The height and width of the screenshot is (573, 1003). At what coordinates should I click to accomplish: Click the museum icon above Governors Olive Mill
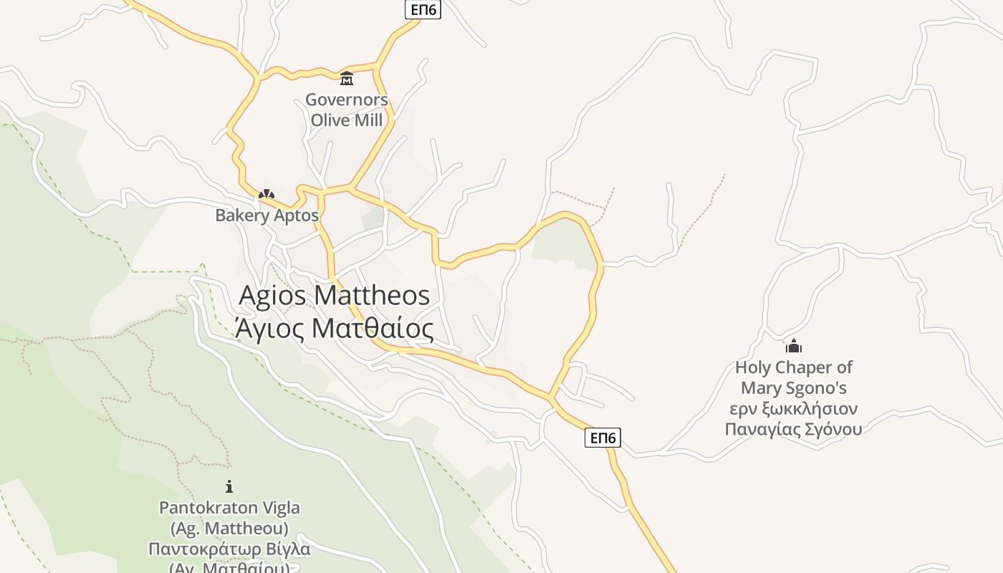[x=347, y=78]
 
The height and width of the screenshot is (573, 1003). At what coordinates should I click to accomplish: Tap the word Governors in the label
[x=347, y=100]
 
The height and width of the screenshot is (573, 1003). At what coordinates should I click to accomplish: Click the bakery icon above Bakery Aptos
[x=267, y=194]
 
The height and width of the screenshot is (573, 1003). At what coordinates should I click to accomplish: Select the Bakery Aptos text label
[x=267, y=215]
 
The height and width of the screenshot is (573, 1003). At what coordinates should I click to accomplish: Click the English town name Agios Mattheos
[x=334, y=295]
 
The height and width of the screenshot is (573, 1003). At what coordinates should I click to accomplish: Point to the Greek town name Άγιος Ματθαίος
[x=334, y=329]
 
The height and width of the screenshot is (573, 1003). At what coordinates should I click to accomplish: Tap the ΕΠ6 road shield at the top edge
[x=423, y=9]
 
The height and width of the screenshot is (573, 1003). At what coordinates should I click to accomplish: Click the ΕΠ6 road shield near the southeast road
[x=603, y=438]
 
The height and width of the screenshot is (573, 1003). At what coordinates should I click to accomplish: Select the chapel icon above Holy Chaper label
[x=793, y=347]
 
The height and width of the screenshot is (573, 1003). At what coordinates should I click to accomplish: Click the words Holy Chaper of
[x=793, y=367]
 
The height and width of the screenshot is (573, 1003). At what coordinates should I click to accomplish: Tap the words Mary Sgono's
[x=793, y=388]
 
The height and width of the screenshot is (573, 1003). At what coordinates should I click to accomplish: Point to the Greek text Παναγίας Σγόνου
[x=793, y=429]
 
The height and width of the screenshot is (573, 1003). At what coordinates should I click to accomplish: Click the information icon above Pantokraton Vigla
[x=229, y=486]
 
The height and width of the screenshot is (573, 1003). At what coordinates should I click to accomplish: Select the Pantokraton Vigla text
[x=229, y=508]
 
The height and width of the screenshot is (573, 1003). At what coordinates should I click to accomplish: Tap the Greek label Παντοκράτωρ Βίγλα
[x=229, y=549]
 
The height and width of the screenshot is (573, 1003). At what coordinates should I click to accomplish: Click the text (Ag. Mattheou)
[x=229, y=529]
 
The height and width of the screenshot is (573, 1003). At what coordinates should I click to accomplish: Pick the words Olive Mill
[x=347, y=120]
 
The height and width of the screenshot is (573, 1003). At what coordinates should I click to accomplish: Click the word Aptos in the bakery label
[x=295, y=215]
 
